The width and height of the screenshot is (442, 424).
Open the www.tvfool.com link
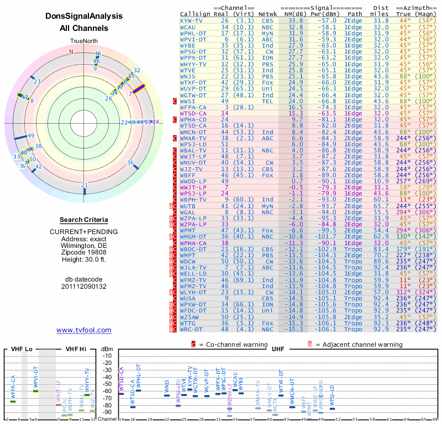pyautogui.click(x=83, y=330)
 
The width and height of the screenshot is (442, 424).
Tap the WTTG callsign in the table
pyautogui.click(x=191, y=322)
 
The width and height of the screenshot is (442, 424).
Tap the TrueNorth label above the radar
pyautogui.click(x=83, y=41)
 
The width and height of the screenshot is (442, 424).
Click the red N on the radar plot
pyautogui.click(x=71, y=51)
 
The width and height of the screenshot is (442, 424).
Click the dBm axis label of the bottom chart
pyautogui.click(x=107, y=349)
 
